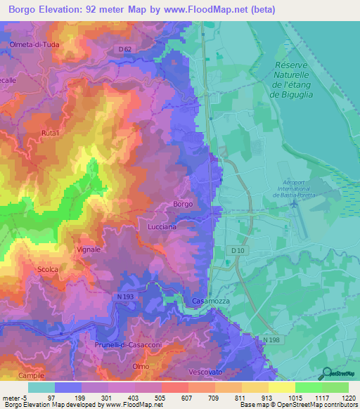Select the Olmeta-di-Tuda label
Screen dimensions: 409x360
pos(33,47)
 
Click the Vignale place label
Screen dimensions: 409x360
pos(89,249)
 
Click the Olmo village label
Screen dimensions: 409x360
pos(141,366)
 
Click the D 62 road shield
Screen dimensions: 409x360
pos(125,48)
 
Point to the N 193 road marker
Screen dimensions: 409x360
pos(124,297)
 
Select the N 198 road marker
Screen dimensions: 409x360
pos(278,340)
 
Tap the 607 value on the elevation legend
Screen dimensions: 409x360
pos(175,397)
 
